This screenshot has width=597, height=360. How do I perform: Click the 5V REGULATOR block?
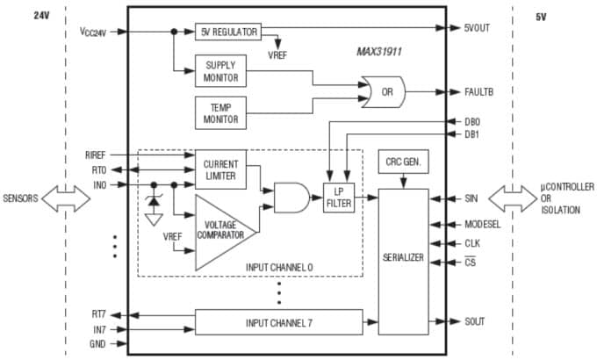click(227, 32)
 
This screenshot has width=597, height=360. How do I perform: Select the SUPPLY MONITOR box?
click(221, 73)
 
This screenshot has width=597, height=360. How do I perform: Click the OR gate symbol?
click(385, 91)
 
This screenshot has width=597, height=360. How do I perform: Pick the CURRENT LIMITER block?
click(220, 169)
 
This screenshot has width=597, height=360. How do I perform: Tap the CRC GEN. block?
click(402, 162)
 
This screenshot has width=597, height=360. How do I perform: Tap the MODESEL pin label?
click(483, 224)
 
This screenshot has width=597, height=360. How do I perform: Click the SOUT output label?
click(476, 321)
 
